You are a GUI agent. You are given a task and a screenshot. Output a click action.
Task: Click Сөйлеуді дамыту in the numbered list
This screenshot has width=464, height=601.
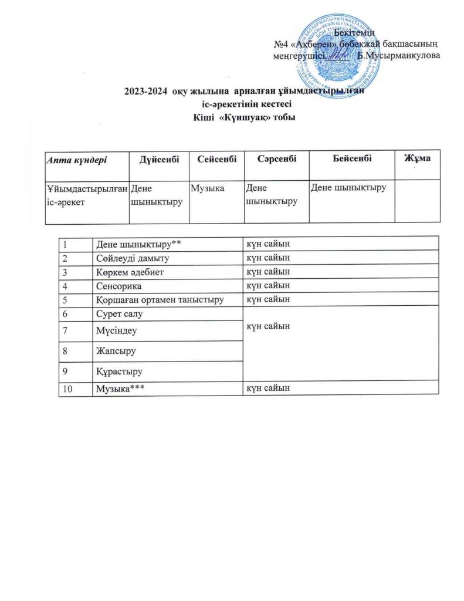point(128,256)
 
